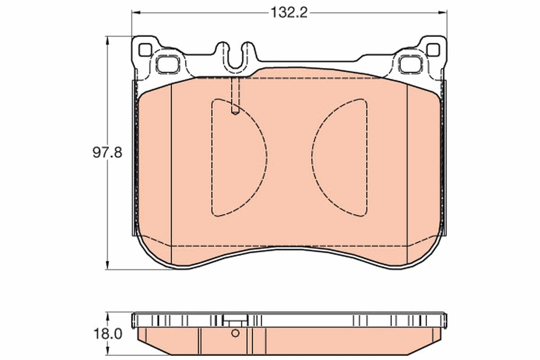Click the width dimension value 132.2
(288, 13)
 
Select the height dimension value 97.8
(107, 153)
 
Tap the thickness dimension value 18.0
(107, 334)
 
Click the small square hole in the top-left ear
(145, 50)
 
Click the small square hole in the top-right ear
(432, 50)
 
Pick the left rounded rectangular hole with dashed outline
(168, 64)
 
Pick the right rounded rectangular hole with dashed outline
(409, 64)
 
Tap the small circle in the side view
(235, 333)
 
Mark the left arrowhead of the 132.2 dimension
(135, 13)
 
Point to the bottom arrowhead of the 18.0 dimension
(107, 351)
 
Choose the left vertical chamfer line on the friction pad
(172, 171)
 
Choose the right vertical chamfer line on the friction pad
(407, 171)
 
